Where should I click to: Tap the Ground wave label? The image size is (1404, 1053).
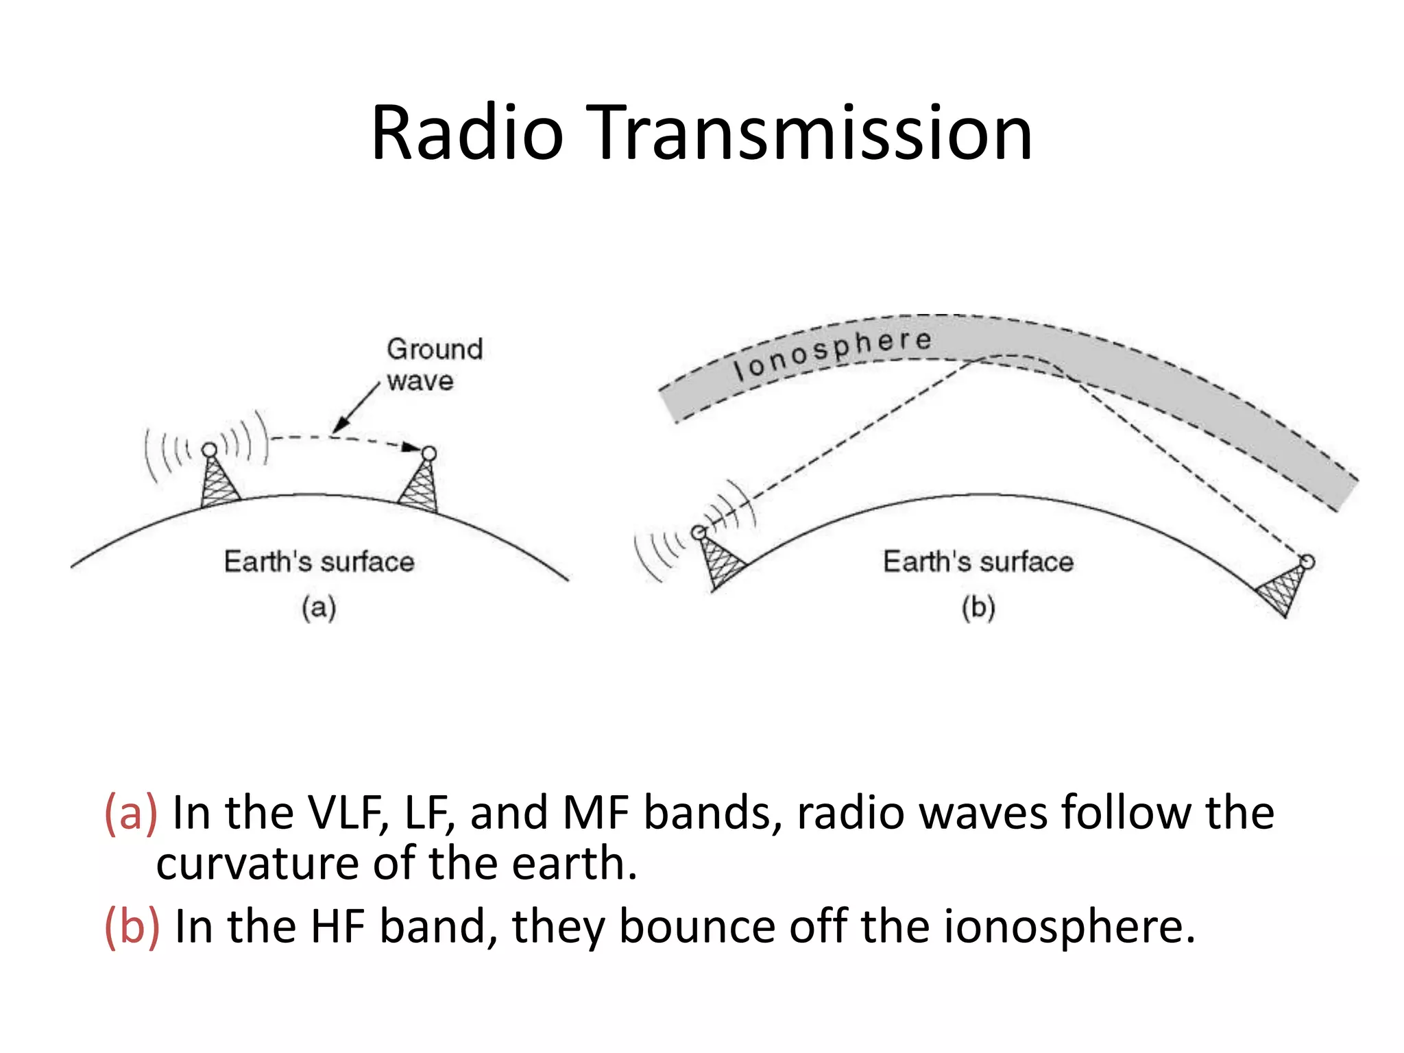[x=434, y=364]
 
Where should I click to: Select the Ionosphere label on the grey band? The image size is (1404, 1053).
[x=832, y=352]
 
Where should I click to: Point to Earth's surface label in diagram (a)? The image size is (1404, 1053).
[x=319, y=561]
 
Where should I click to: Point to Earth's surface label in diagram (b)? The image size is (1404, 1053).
[x=978, y=561]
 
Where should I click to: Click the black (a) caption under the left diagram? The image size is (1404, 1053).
[x=319, y=608]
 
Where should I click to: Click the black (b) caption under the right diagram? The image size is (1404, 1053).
[x=978, y=608]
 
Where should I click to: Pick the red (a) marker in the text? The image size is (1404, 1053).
[x=130, y=813]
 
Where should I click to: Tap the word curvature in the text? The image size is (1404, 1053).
[x=258, y=864]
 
